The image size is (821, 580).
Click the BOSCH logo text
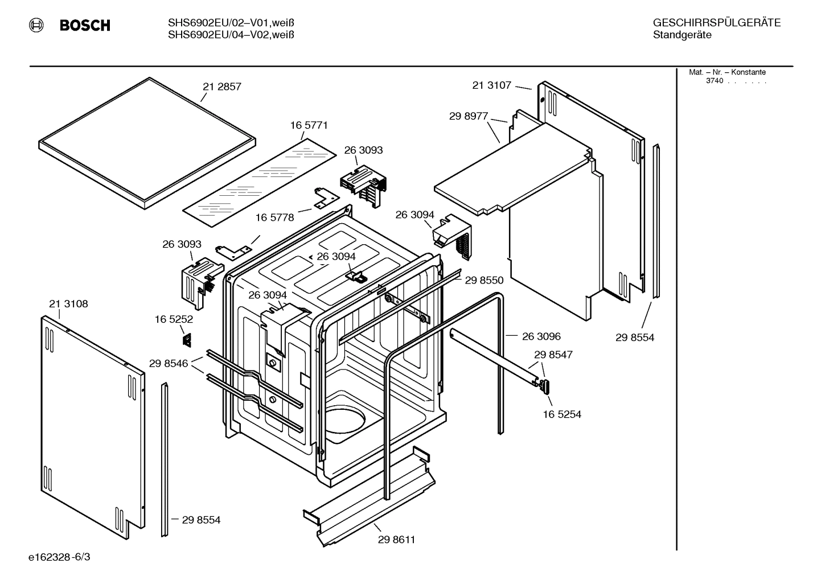click(x=85, y=26)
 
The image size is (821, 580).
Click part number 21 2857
click(x=221, y=87)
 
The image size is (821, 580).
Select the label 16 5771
click(x=309, y=125)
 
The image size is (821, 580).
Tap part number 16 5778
click(x=274, y=217)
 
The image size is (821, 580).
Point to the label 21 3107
click(x=491, y=85)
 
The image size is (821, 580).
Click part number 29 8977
click(x=469, y=116)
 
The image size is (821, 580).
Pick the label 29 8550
click(x=484, y=280)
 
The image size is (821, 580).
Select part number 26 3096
click(x=541, y=336)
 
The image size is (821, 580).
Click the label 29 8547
click(x=553, y=355)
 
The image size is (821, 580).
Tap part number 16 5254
click(x=562, y=414)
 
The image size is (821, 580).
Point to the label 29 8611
click(x=396, y=540)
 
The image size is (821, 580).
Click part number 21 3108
click(x=68, y=304)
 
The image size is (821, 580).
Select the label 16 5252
click(x=174, y=320)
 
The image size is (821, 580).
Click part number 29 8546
click(x=169, y=363)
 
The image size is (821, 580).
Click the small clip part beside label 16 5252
click(x=186, y=340)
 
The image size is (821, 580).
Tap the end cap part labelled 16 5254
click(x=544, y=386)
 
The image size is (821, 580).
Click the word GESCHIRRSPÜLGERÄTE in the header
click(x=716, y=23)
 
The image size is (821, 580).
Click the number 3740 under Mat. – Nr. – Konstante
click(x=715, y=81)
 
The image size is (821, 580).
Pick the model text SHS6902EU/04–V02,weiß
click(x=231, y=35)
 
